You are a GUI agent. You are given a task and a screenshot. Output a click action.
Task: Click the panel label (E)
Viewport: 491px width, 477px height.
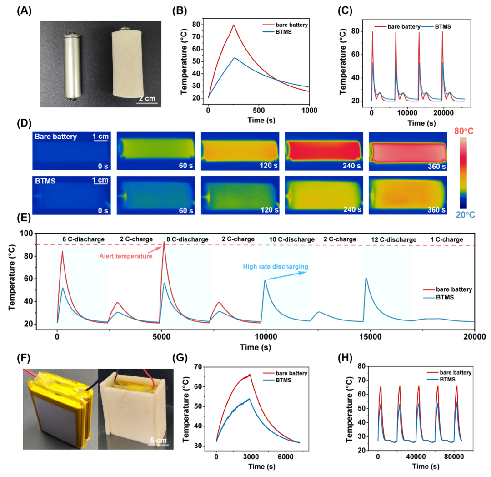(24, 218)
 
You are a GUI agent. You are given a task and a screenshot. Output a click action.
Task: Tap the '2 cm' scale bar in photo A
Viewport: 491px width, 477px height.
(147, 102)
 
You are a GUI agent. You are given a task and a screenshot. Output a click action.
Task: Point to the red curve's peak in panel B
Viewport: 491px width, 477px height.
(233, 25)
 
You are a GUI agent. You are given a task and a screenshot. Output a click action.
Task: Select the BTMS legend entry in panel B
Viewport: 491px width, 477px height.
(277, 32)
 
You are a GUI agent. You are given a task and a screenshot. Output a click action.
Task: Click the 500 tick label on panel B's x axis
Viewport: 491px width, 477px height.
(259, 110)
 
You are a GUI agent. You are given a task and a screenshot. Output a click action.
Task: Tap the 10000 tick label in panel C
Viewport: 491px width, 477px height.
(407, 113)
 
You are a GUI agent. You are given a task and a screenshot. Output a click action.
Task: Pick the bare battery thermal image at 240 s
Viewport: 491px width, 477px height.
(324, 151)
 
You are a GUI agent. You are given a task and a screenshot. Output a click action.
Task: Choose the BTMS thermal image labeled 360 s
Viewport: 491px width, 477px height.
(408, 195)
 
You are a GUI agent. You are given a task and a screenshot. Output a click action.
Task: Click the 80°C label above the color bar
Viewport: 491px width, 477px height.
(464, 131)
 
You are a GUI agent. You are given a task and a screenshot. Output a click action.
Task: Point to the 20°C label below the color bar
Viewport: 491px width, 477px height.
(466, 215)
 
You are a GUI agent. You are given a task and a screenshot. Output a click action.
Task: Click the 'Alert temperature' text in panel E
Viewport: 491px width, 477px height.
(126, 256)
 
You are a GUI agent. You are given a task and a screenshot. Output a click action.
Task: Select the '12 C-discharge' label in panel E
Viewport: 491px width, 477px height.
(394, 239)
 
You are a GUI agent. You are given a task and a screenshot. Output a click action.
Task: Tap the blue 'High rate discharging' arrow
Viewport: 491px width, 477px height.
(287, 276)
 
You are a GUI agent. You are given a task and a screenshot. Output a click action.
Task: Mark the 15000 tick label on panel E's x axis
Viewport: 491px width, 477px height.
(371, 337)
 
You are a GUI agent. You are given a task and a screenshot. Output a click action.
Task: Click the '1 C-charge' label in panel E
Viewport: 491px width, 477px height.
(446, 239)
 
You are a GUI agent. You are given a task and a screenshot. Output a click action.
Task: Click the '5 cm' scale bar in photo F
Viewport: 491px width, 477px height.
(159, 444)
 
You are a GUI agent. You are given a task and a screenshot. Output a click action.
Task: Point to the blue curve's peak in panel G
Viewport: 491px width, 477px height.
(249, 399)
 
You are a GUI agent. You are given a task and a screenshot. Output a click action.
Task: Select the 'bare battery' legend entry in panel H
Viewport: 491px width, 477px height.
(449, 372)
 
